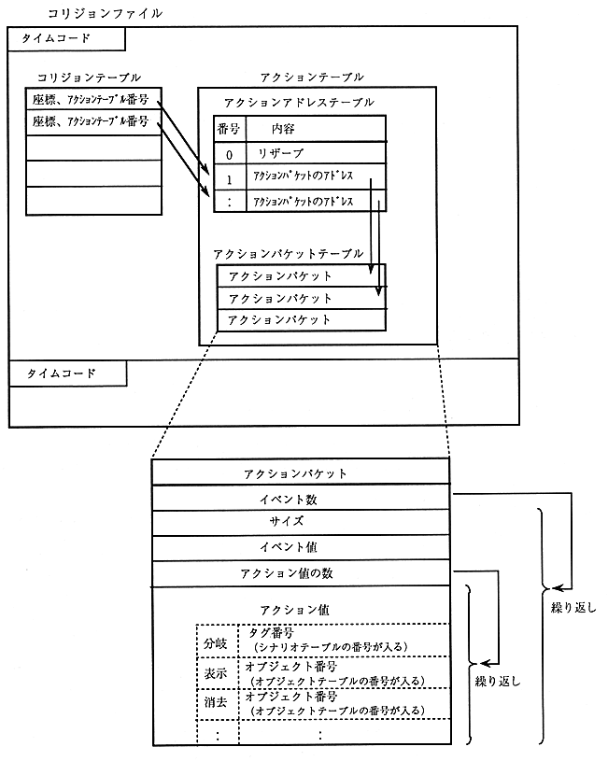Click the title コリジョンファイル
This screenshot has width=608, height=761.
pos(104,13)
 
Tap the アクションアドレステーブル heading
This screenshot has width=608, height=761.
pos(299,102)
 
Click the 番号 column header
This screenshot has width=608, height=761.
pos(229,129)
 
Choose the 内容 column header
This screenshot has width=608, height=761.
pos(284,129)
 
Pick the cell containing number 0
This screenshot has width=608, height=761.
pos(229,152)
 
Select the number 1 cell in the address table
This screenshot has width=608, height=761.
pos(229,176)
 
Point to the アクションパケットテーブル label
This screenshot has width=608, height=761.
pos(288,253)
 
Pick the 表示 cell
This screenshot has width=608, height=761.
pos(217,673)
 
